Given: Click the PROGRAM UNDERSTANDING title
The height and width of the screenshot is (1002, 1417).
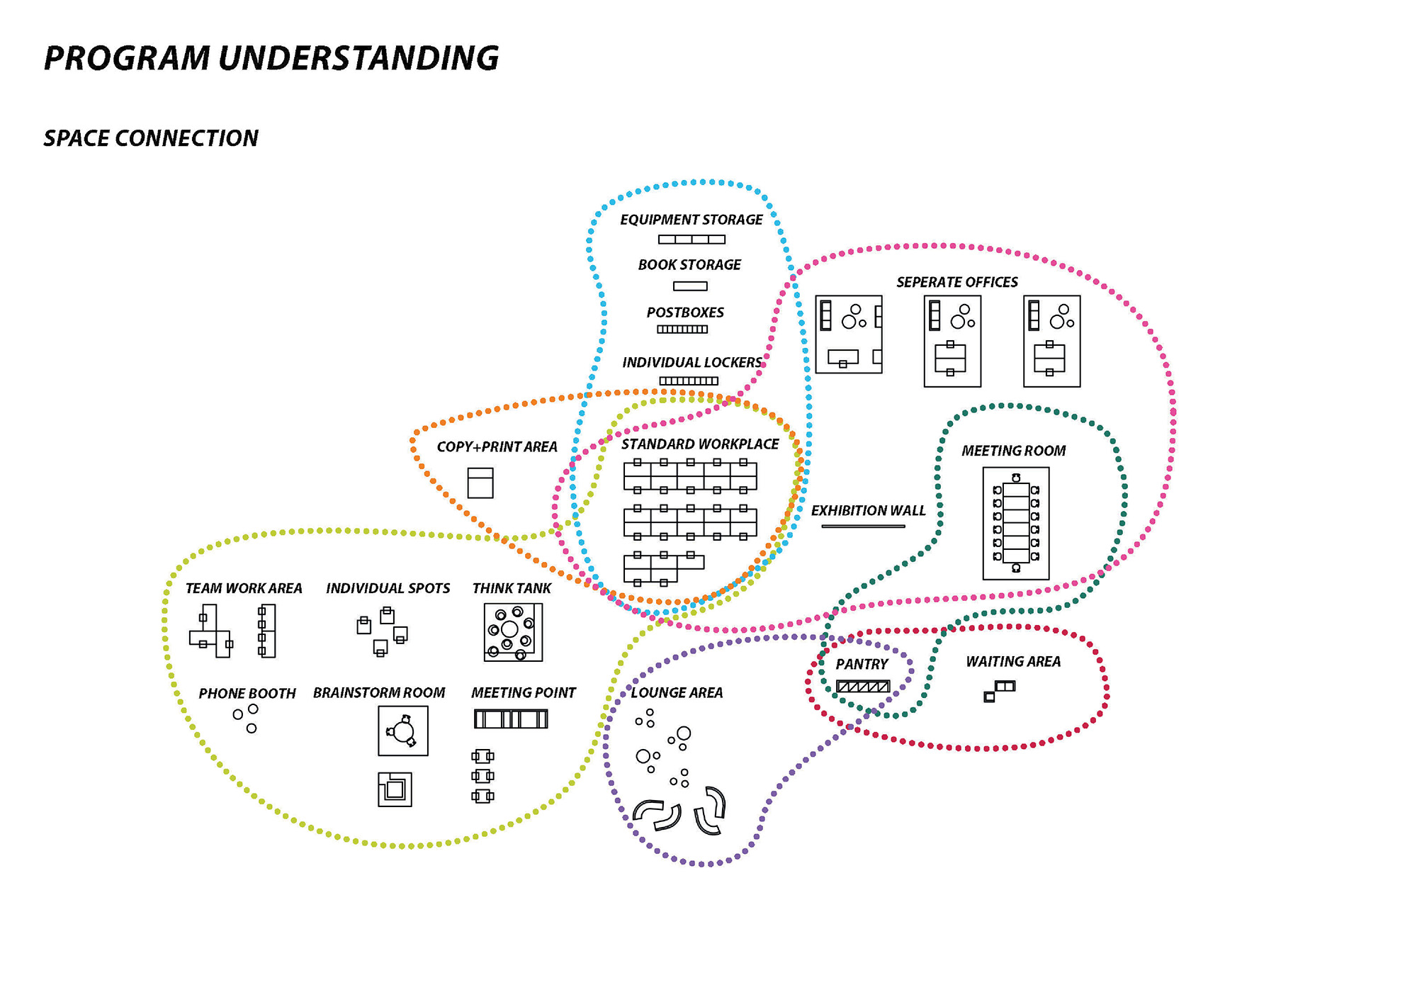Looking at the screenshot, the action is point(271,58).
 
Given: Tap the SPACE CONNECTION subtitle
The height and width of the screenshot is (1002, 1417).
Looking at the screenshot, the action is point(151,138).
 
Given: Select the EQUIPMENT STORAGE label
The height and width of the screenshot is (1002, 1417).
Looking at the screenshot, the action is point(691,220).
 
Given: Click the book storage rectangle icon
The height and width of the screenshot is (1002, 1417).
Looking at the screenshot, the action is point(690,286).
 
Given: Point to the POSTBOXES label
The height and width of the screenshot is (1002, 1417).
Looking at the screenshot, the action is point(685,313).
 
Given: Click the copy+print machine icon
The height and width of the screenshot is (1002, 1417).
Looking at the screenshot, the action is point(480,483).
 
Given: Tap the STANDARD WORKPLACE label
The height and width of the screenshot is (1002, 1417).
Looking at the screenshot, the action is point(700,444).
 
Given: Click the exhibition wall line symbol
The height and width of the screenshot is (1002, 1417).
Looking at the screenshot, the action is point(863,527).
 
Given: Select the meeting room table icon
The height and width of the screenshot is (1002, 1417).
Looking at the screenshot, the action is point(1016,523).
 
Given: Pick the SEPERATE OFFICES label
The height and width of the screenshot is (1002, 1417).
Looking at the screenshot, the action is point(957,282).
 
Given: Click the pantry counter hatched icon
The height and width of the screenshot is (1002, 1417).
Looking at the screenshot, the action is point(863,686).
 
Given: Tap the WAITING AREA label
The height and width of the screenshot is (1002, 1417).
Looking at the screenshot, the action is point(1013,662).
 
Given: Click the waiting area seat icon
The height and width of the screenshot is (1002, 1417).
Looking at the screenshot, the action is point(1000,691).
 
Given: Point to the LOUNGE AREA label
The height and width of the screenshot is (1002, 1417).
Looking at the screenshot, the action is point(677,692).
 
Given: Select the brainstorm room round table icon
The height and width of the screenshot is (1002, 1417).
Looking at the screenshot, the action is point(403,731).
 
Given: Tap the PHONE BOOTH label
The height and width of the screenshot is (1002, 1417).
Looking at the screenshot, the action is point(247,693).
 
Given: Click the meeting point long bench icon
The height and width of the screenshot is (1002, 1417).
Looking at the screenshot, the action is point(511,719).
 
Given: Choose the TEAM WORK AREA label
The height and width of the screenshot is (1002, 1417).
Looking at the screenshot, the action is point(244,588).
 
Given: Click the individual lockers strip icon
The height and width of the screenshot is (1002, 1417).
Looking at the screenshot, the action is point(689,381).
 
